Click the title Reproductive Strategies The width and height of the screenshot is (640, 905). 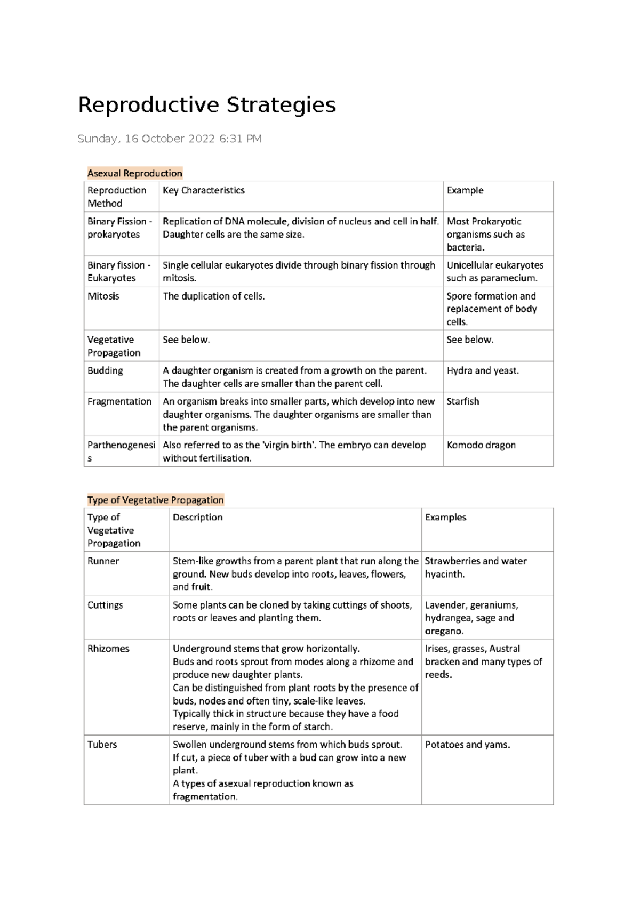point(207,105)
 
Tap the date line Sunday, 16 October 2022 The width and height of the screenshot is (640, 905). point(169,139)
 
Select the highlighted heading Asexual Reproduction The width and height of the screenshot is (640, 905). point(134,173)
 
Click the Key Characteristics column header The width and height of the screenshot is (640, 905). point(203,190)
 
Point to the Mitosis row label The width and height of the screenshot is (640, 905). point(103,296)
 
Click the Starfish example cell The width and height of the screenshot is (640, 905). point(462,401)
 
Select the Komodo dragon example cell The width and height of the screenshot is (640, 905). point(481,445)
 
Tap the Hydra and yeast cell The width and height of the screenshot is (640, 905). point(482,370)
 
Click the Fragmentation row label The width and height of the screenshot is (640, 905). point(119,401)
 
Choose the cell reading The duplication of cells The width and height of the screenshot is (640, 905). point(213,296)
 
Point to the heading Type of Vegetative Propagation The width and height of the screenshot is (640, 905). point(155,500)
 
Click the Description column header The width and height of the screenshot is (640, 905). point(197,517)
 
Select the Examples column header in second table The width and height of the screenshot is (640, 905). point(445,517)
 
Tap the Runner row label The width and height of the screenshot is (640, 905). point(103,561)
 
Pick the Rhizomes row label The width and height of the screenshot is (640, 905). point(108,649)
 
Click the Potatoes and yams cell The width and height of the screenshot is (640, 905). point(467,745)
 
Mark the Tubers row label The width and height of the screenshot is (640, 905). point(102,745)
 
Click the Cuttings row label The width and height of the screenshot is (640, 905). point(105,605)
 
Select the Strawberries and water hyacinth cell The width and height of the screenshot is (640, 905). point(475,567)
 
